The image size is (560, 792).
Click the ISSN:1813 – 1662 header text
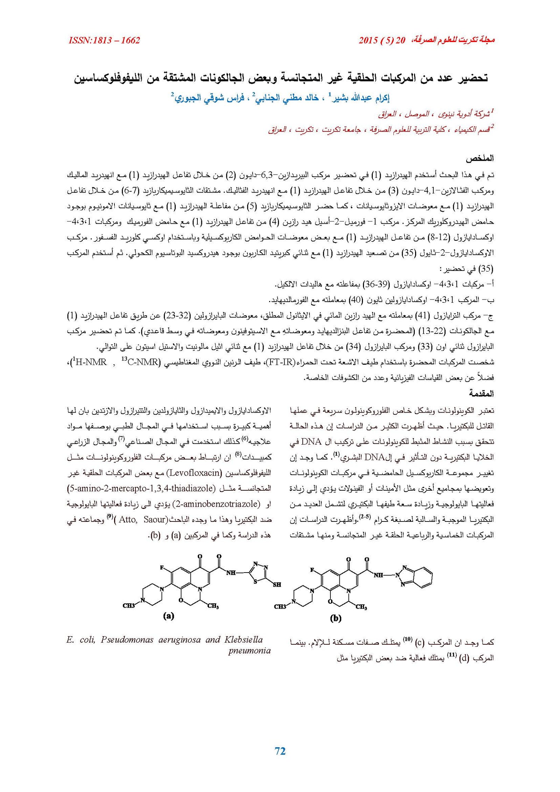104,40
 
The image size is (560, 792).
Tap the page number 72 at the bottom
280,751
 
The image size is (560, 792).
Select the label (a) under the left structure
168,616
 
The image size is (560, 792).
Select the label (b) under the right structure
335,618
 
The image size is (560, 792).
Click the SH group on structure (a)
277,584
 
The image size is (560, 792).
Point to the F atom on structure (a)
162,567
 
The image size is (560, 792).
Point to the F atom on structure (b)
312,570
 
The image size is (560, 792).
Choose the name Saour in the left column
154,519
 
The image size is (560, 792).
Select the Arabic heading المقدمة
481,393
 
